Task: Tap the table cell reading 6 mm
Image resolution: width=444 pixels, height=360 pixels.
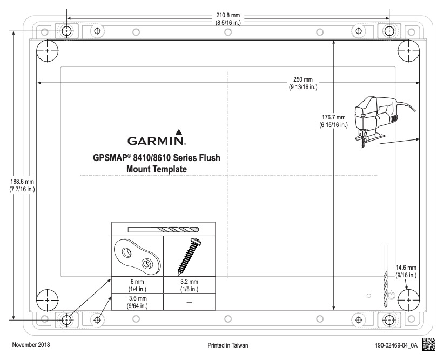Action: [137, 285]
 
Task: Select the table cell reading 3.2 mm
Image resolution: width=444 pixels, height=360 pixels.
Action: [189, 285]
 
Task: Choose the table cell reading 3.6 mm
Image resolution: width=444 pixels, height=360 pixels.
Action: [137, 301]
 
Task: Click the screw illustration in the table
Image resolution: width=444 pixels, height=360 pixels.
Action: [189, 256]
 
